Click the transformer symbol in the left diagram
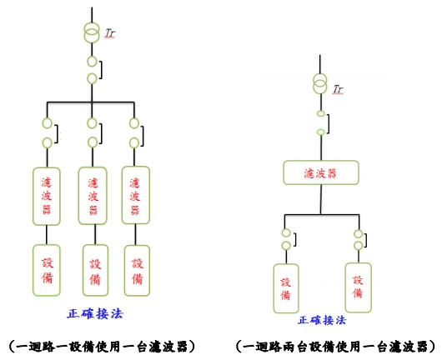[92, 32]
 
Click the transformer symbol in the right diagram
[320, 83]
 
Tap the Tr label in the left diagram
[110, 33]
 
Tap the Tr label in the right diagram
[338, 89]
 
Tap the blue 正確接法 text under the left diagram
[95, 313]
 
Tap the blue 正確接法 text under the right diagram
[322, 320]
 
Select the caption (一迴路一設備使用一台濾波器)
[102, 347]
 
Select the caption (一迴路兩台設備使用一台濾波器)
[336, 347]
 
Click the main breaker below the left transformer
[92, 70]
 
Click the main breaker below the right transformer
[321, 122]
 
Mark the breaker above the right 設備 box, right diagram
[359, 240]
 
